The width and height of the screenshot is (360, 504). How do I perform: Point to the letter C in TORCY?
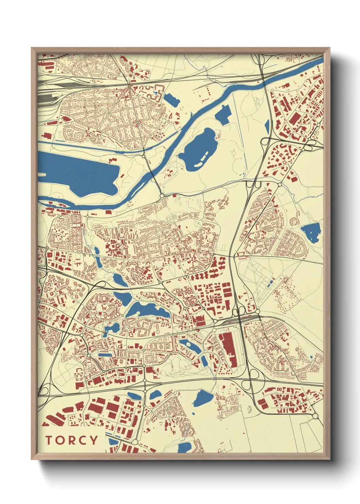(x=82, y=440)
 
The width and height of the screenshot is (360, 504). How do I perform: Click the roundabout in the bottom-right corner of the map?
(x=315, y=416)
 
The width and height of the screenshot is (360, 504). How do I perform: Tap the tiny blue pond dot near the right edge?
(x=311, y=357)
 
